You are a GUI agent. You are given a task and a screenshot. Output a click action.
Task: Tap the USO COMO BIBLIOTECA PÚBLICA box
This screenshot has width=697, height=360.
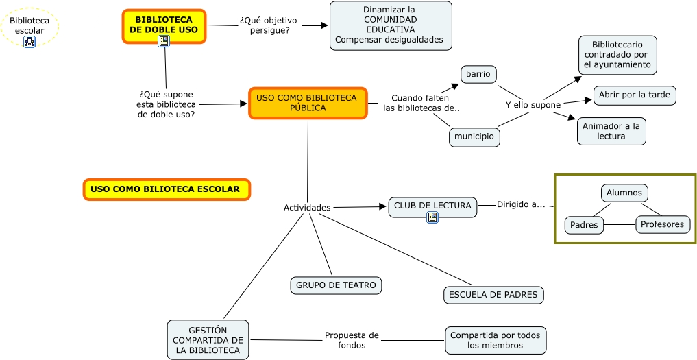(308, 103)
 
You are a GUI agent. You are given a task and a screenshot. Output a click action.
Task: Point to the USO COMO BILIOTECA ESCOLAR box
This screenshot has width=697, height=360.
(166, 189)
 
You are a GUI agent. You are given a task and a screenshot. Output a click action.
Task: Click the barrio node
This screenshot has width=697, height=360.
(478, 74)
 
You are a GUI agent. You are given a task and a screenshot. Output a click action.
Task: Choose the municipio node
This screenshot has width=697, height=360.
(474, 136)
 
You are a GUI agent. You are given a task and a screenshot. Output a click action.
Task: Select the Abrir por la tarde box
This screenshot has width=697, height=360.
(635, 95)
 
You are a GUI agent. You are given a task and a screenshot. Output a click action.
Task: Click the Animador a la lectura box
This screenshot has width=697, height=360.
(611, 131)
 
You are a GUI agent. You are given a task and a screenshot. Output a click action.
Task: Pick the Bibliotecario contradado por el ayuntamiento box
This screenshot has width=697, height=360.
(617, 55)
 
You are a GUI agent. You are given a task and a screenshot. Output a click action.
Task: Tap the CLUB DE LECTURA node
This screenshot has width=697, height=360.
(432, 205)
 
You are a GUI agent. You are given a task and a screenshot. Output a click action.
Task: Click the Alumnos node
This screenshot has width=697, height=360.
(624, 193)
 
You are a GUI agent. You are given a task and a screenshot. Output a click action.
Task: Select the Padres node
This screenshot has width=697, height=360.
(584, 225)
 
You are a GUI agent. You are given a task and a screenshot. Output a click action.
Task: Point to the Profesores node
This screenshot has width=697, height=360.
(663, 224)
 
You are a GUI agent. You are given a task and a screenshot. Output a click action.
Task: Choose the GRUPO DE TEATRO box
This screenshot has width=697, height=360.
(336, 285)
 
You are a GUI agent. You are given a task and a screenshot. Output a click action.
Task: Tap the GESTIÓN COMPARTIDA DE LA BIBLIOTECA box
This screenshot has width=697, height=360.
(208, 340)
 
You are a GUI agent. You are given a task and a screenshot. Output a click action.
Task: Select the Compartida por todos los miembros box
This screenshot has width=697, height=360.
(495, 340)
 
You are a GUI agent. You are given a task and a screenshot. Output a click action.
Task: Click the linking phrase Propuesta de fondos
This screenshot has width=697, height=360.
(352, 340)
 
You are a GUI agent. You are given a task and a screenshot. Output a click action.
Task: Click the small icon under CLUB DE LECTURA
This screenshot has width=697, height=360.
(432, 217)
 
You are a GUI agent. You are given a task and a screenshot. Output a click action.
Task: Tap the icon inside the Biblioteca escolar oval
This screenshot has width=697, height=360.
(29, 42)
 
